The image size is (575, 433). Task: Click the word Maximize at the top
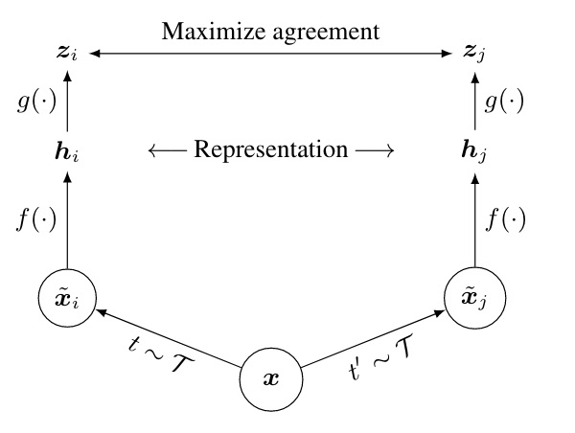coord(203,31)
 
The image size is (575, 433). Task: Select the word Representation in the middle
coord(271,149)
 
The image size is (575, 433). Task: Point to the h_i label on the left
coord(67,150)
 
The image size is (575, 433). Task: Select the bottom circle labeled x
coord(271,379)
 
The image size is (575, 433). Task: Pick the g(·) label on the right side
coord(505,103)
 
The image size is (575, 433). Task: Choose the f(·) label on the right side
coord(505,221)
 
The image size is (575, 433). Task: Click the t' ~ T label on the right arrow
coord(383,363)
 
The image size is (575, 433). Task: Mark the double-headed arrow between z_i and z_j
coord(271,56)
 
